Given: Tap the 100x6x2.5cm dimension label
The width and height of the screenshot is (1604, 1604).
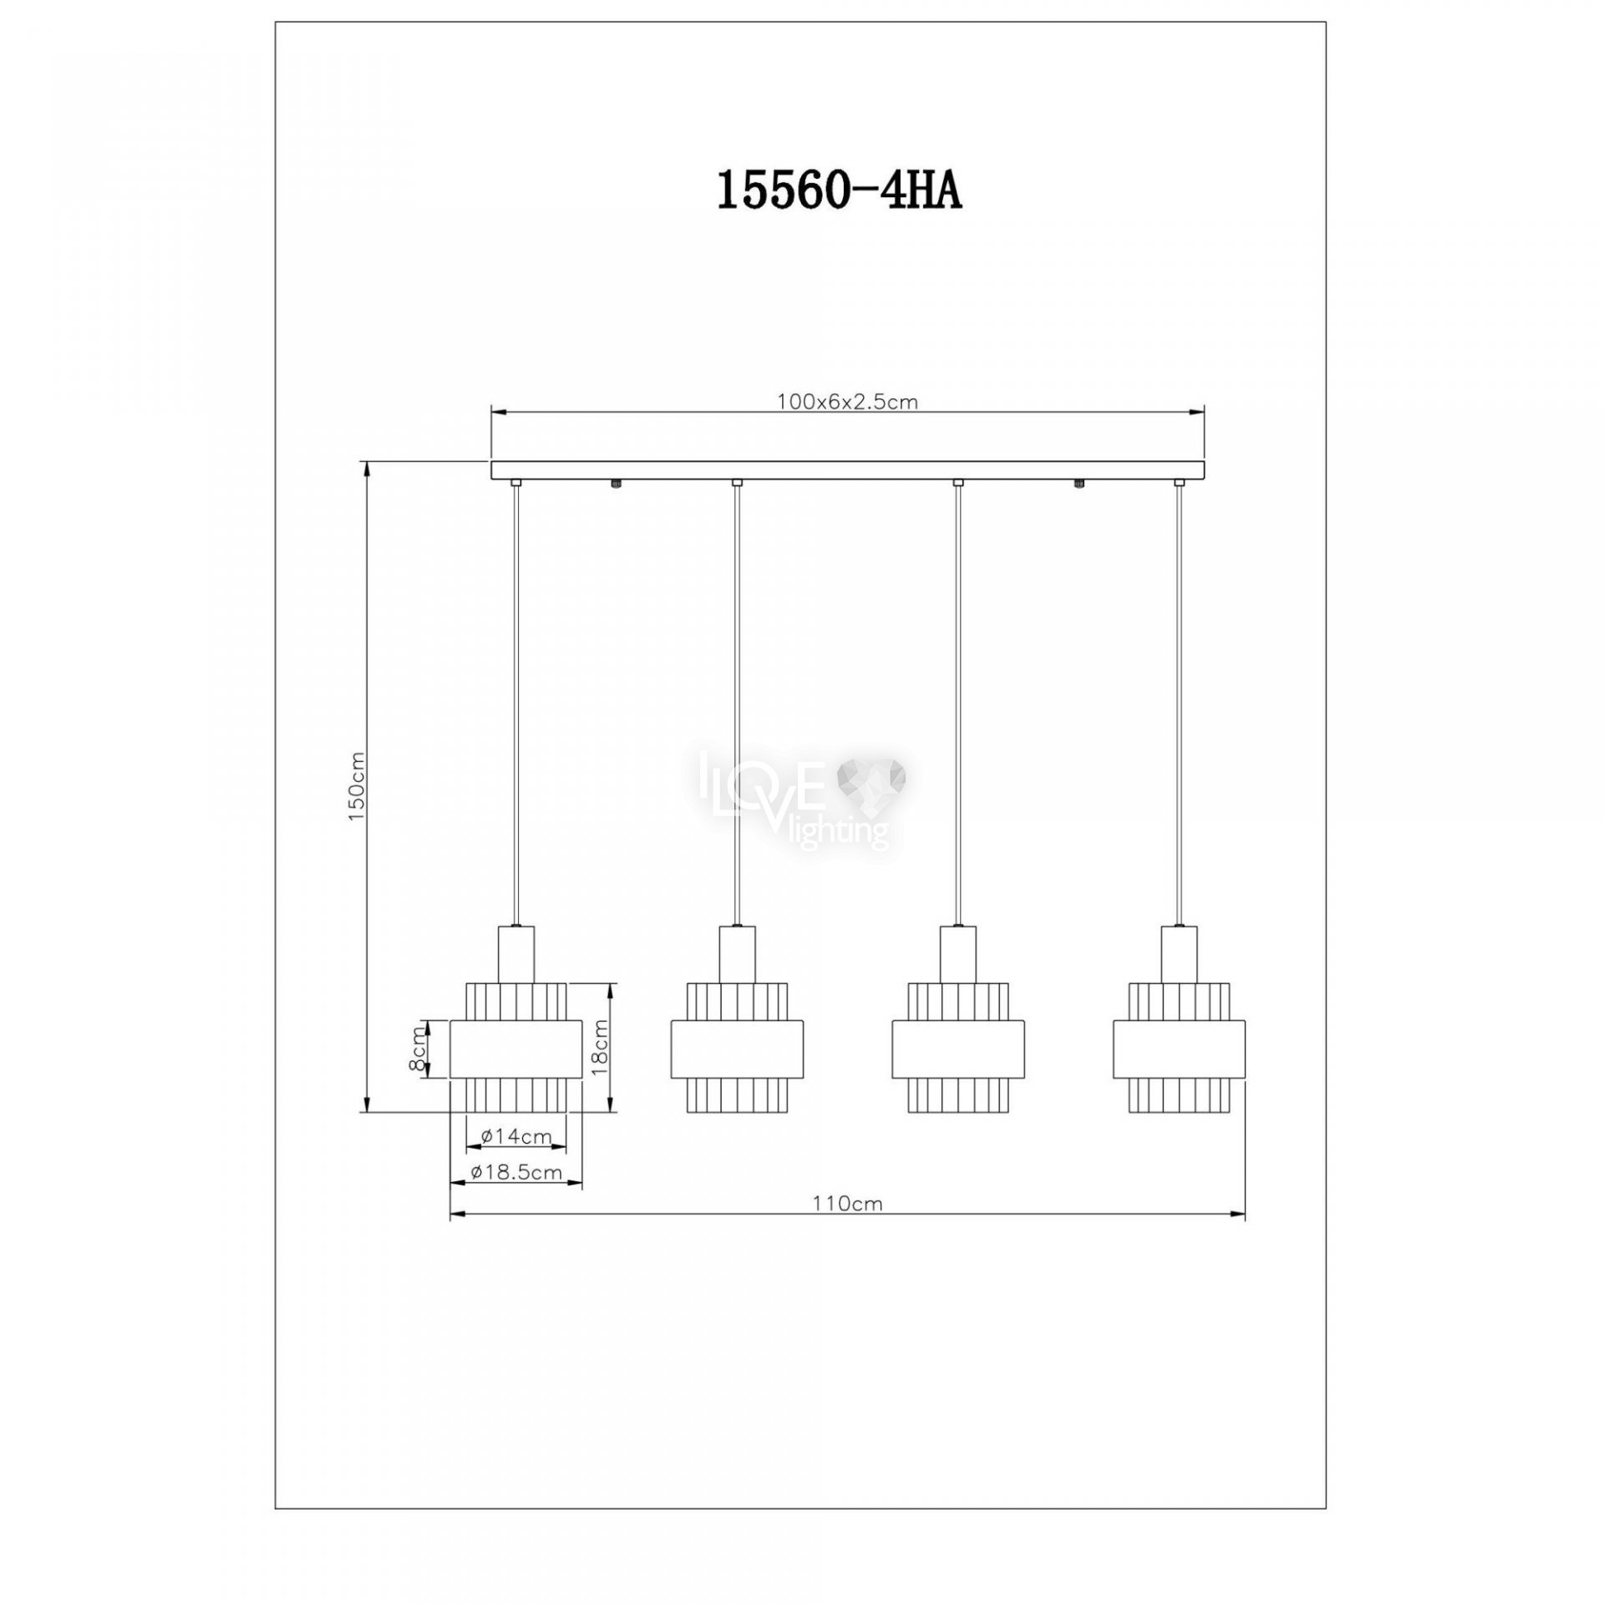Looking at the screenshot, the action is pyautogui.click(x=847, y=402).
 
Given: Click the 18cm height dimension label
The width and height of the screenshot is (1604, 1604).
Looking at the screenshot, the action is pyautogui.click(x=600, y=1048).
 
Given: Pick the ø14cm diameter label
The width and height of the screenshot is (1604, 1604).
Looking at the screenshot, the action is pyautogui.click(x=517, y=1136).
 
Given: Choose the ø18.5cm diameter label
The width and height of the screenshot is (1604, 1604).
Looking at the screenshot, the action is pyautogui.click(x=515, y=1172).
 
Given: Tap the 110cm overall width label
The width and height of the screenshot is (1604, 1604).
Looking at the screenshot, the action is pyautogui.click(x=848, y=1204).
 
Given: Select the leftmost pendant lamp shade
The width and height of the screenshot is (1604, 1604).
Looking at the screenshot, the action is pyautogui.click(x=516, y=1048).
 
